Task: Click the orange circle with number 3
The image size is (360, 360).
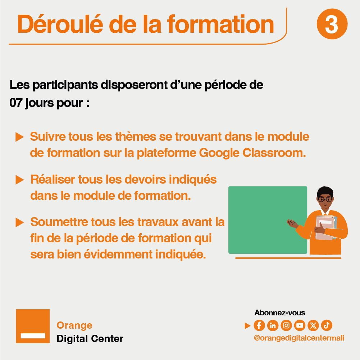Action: [332, 24]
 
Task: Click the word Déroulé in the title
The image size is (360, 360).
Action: [60, 24]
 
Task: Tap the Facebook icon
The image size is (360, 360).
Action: [259, 325]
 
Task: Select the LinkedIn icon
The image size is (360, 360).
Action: [273, 325]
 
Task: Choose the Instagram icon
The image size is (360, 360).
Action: [286, 325]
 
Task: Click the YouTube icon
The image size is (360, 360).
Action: [300, 325]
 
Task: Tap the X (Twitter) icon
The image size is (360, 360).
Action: [313, 325]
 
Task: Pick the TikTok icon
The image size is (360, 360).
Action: [327, 325]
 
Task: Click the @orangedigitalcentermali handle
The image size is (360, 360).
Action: [299, 338]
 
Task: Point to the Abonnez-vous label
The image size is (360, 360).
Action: [280, 312]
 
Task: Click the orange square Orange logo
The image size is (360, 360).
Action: [33, 326]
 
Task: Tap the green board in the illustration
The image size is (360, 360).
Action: [268, 220]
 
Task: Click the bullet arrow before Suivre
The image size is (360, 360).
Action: [19, 137]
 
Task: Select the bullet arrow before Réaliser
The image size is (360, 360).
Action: [19, 180]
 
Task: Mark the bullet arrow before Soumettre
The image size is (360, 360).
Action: [19, 222]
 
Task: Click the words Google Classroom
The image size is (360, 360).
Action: [252, 153]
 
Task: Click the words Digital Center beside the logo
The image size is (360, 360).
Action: [90, 339]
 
